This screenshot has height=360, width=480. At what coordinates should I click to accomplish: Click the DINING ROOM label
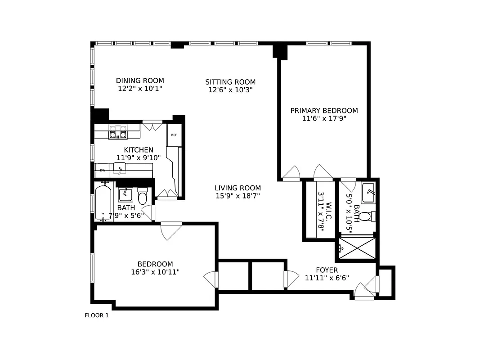[x=140, y=81]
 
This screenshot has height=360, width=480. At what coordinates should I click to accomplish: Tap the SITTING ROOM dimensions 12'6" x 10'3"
[x=230, y=90]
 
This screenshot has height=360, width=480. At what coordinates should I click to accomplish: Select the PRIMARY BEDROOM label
[x=324, y=110]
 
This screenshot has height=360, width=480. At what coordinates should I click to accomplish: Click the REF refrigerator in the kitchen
[x=174, y=135]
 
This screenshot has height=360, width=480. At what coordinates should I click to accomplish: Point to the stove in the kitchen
[x=118, y=132]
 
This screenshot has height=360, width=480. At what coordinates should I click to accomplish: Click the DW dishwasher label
[x=103, y=171]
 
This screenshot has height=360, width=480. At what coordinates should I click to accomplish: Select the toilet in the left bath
[x=142, y=198]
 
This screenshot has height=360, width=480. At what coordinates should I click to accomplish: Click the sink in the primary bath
[x=368, y=193]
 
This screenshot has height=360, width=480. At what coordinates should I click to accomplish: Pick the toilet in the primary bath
[x=365, y=216]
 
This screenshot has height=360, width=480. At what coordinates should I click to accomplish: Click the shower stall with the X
[x=357, y=248]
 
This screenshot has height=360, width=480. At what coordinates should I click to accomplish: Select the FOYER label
[x=327, y=270]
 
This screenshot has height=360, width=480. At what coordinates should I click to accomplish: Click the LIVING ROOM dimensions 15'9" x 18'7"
[x=238, y=196]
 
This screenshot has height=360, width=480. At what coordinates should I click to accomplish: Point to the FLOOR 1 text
[x=97, y=315]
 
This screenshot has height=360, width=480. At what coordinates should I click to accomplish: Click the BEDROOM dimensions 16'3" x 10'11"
[x=155, y=272]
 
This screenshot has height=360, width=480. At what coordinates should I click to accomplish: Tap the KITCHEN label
[x=139, y=150]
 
